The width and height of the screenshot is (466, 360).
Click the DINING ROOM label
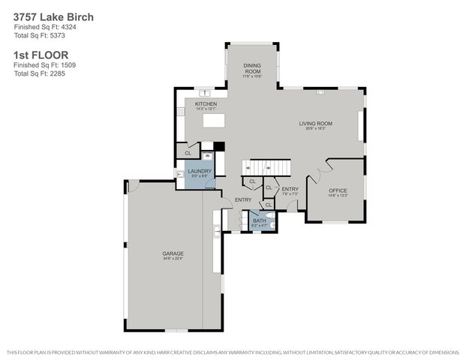pyautogui.click(x=251, y=70)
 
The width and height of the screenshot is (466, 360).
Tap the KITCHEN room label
pyautogui.click(x=206, y=103)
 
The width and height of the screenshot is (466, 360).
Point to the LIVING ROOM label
pyautogui.click(x=315, y=124)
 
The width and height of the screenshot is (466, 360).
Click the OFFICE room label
pyautogui.click(x=338, y=190)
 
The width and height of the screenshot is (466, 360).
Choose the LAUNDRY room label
pyautogui.click(x=200, y=171)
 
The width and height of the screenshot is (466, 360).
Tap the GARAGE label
pyautogui.click(x=173, y=253)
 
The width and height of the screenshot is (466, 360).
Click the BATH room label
pyautogui.click(x=259, y=220)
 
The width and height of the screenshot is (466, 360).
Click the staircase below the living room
pyautogui.click(x=268, y=166)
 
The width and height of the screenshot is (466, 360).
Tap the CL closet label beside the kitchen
pyautogui.click(x=188, y=153)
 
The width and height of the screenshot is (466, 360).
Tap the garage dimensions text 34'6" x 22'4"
pyautogui.click(x=173, y=259)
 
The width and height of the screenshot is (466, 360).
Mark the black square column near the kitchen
pyautogui.click(x=219, y=146)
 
